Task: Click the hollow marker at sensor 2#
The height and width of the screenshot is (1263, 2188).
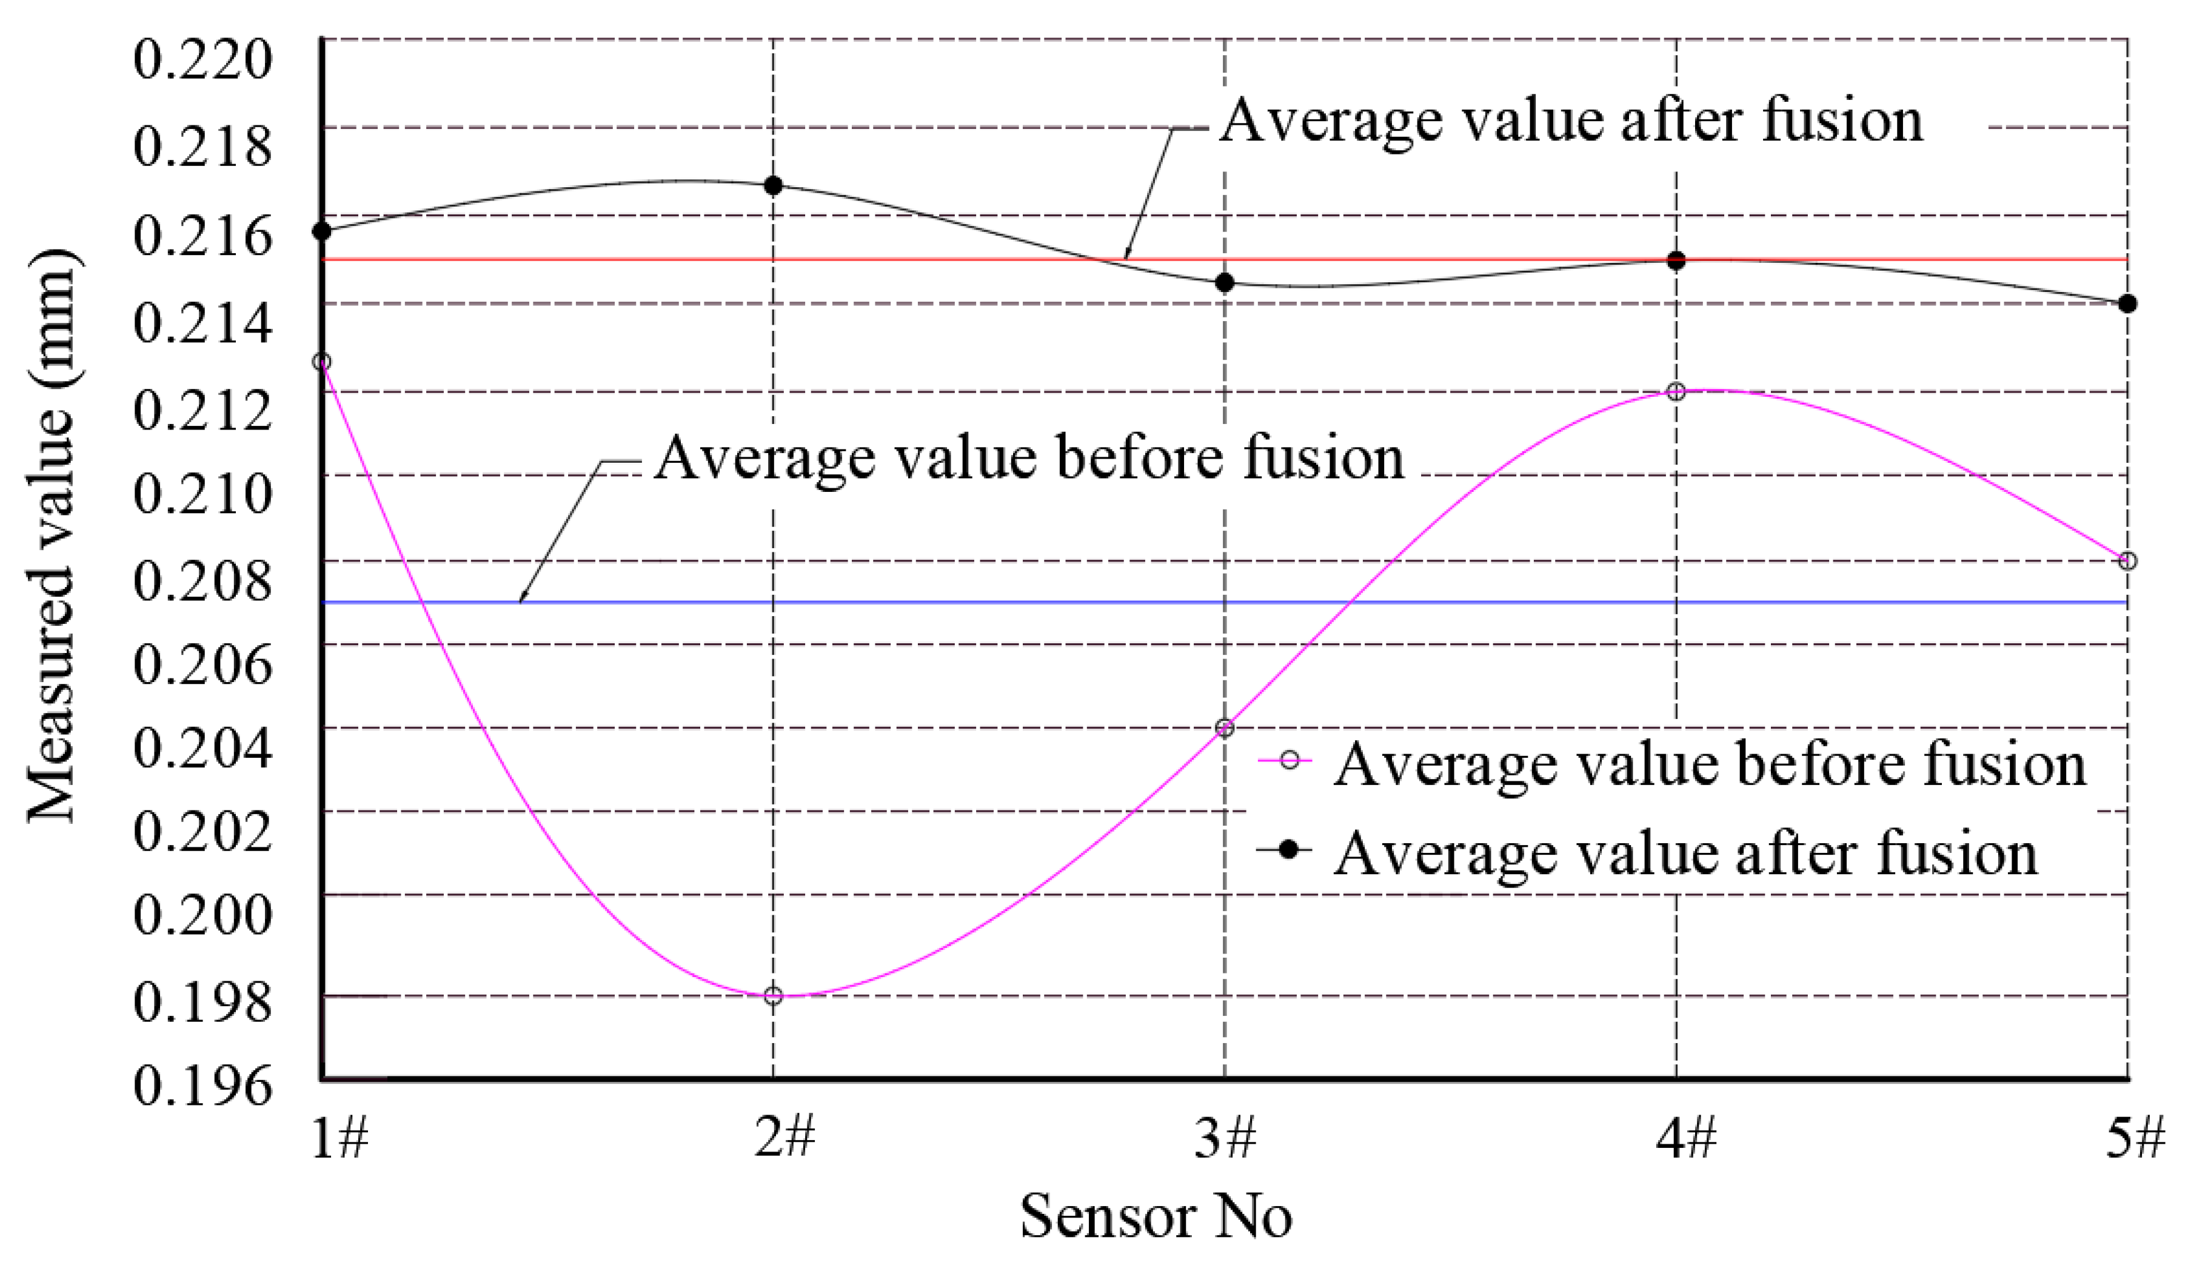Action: (772, 995)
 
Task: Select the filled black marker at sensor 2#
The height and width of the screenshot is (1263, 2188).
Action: (772, 185)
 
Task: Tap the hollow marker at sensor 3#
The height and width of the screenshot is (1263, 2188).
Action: (1225, 728)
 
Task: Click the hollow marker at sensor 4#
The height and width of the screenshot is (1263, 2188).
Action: (1676, 392)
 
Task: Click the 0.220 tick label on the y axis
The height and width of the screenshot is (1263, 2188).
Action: (202, 60)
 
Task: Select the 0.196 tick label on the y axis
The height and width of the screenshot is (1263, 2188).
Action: (202, 1084)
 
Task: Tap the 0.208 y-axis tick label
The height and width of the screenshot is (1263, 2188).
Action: (202, 580)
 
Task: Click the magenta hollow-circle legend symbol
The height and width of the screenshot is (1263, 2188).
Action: (1290, 761)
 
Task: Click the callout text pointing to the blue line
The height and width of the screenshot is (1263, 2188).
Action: (1028, 457)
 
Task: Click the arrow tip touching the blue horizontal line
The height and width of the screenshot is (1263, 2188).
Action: (521, 600)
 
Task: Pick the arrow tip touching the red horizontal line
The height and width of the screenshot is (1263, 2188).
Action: (1126, 257)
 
